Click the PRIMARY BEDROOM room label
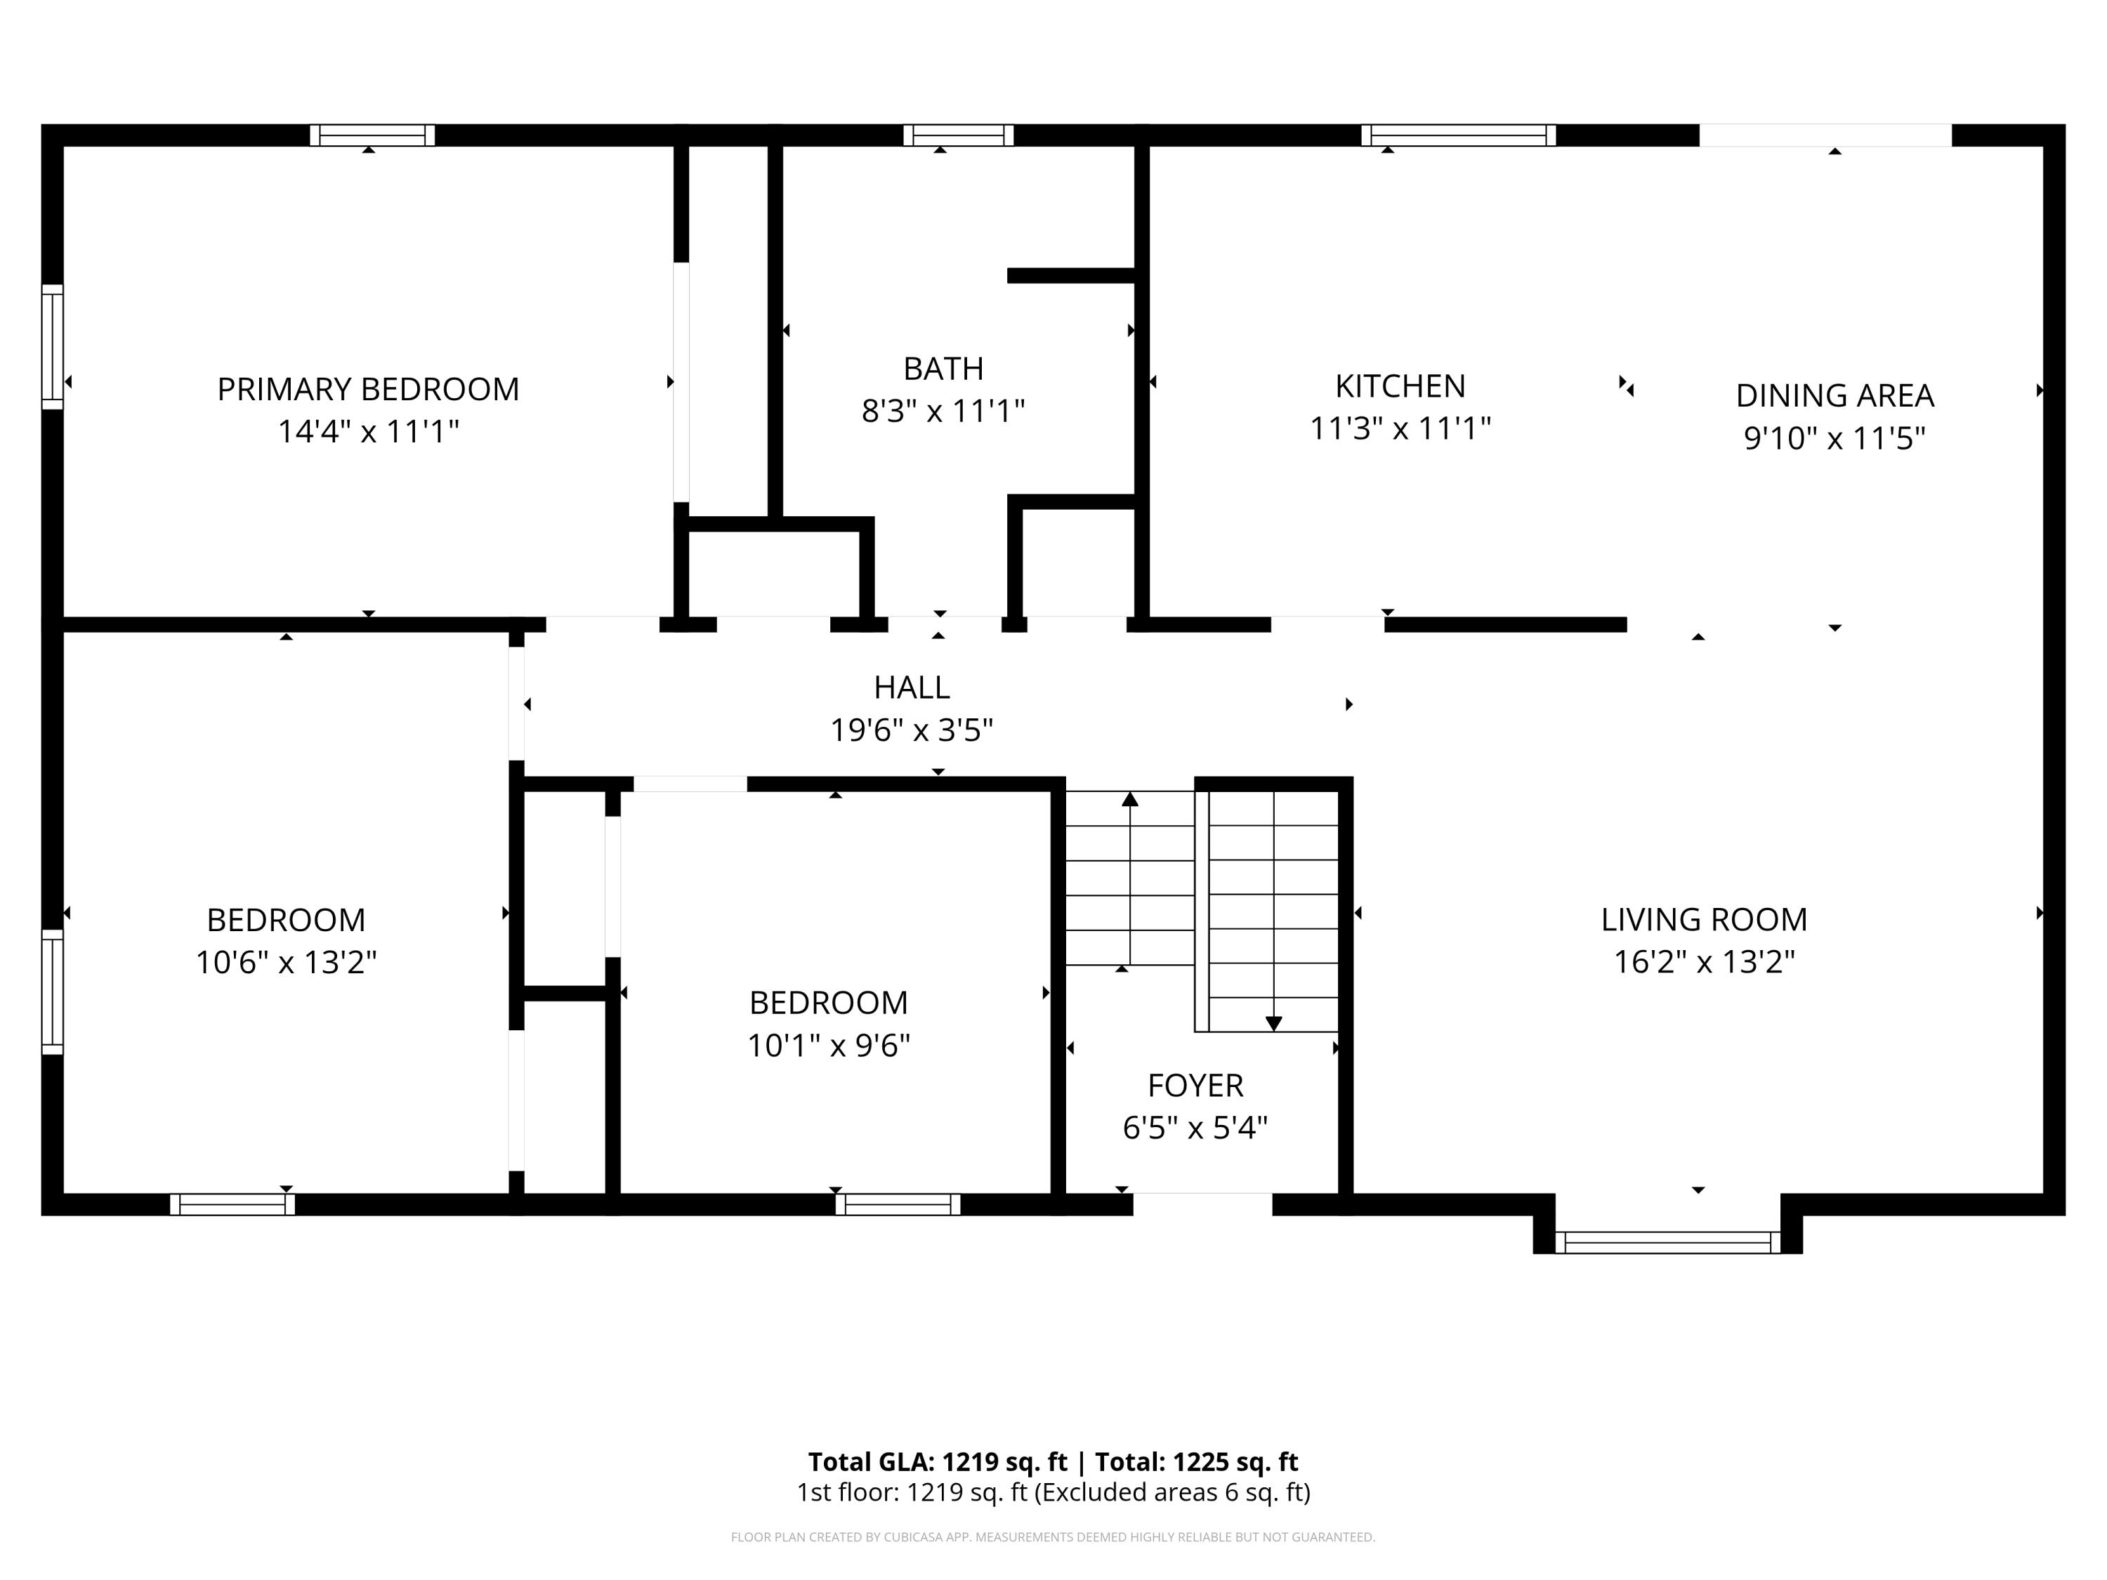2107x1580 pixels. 368,390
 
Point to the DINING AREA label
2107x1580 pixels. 1834,395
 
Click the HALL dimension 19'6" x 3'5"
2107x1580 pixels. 911,730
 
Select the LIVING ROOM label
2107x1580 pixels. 1703,919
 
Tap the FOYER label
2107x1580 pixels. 1195,1085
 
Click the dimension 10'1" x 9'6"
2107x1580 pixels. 828,1046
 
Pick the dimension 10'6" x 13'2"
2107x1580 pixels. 286,963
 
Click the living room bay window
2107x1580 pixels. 1667,1242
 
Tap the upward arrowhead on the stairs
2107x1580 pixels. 1129,799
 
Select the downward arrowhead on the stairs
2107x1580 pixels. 1273,1024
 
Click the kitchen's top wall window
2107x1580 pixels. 1457,136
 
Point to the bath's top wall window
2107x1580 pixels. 957,136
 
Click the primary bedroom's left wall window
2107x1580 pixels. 53,347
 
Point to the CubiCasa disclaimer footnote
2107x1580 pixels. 1053,1536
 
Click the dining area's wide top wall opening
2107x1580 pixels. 1825,136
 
